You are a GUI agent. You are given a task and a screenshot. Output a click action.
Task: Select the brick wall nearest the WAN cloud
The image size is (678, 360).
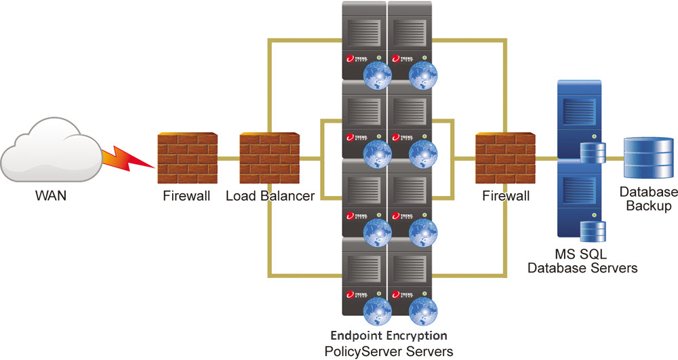tap(186, 159)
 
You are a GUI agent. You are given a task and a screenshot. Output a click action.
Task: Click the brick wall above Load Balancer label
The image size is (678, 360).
tap(268, 159)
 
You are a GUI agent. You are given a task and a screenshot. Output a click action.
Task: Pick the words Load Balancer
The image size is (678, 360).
tap(270, 197)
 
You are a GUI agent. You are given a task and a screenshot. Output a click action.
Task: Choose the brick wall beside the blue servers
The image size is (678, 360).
tap(502, 159)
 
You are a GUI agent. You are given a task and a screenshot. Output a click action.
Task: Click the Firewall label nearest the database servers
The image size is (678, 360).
tap(505, 197)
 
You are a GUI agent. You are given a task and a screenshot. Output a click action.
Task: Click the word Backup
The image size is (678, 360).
tap(650, 205)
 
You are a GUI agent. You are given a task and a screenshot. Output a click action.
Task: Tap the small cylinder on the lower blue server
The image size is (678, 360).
tap(590, 230)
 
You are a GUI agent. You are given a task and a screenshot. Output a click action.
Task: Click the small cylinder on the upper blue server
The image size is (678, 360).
tap(590, 153)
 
